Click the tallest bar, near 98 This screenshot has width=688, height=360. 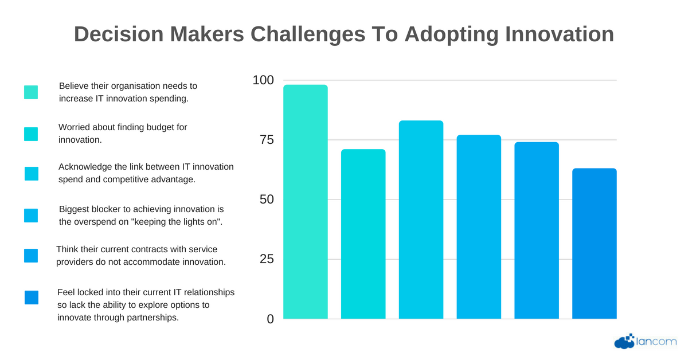[305, 202]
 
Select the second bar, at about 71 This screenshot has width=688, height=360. [363, 234]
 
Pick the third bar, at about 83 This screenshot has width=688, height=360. [421, 220]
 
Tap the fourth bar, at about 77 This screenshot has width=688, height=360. [479, 226]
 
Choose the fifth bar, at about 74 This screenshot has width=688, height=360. [537, 230]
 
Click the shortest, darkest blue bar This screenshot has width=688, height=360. [595, 244]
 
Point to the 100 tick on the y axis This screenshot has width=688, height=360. [263, 80]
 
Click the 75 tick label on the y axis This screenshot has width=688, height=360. [267, 140]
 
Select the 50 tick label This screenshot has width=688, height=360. [267, 199]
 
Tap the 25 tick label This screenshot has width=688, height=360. [267, 259]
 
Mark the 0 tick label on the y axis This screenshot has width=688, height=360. [270, 319]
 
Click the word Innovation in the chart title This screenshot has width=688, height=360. [560, 34]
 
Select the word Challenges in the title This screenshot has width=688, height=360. [308, 35]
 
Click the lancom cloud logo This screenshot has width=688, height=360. [646, 341]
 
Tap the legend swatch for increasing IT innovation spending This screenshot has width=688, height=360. [31, 92]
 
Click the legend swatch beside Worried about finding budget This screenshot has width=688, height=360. [31, 134]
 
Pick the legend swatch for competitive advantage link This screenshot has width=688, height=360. [32, 174]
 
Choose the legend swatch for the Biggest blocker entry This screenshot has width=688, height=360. [31, 216]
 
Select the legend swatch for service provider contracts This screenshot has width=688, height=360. [31, 256]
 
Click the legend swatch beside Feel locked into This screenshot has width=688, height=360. [32, 298]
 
